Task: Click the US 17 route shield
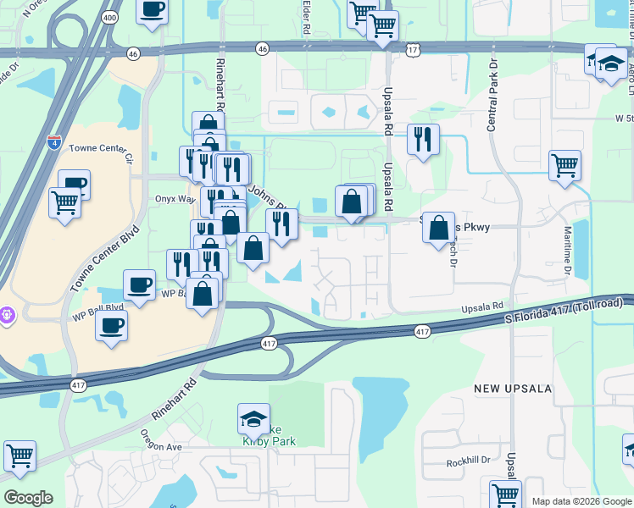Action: (413, 51)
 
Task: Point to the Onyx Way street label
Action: (175, 199)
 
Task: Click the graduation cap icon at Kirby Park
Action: (253, 418)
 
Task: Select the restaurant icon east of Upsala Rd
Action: (423, 137)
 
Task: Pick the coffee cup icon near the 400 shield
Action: (153, 10)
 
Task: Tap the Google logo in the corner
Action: (28, 498)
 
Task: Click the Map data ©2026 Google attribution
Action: (581, 501)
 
